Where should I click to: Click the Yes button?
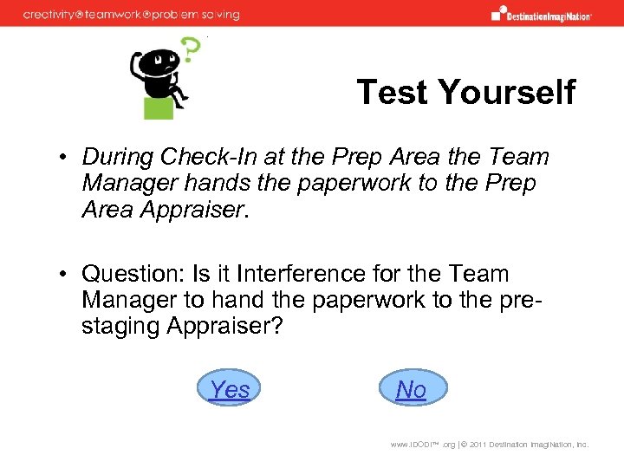pyautogui.click(x=230, y=389)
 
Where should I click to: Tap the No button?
pyautogui.click(x=412, y=389)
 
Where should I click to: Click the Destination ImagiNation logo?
pyautogui.click(x=541, y=14)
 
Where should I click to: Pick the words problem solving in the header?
pyautogui.click(x=200, y=15)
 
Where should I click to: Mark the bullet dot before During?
pyautogui.click(x=64, y=158)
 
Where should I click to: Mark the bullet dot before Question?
pyautogui.click(x=64, y=276)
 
